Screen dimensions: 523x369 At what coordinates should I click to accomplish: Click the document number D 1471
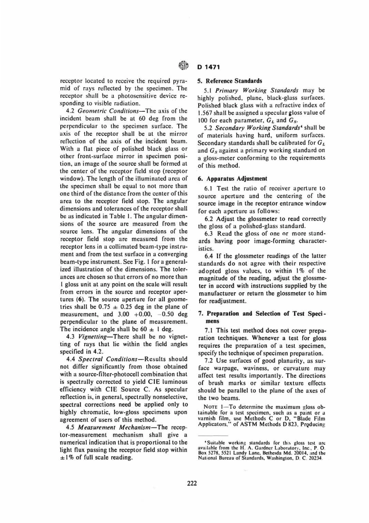[209, 67]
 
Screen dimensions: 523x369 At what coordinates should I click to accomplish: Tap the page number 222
[192, 483]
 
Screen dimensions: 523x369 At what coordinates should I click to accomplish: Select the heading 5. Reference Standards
[230, 81]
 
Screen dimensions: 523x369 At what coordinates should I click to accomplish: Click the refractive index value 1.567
[205, 113]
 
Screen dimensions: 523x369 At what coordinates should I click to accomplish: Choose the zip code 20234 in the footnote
[317, 458]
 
